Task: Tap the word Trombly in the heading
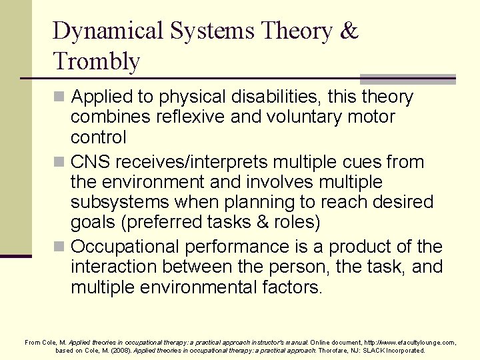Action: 97,61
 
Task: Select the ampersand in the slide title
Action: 349,31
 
